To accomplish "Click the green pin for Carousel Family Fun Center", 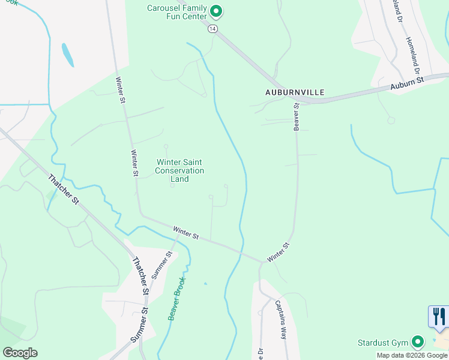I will coord(217,11).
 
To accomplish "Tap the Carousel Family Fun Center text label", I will coord(178,12).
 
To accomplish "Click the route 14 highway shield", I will coord(212,28).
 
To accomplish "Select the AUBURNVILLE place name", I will coord(295,92).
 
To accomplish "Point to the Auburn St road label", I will coord(407,83).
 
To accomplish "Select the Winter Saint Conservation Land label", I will coord(180,170).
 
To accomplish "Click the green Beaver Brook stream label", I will coord(177,298).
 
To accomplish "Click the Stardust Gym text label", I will coord(382,343).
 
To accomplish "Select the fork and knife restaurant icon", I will coord(439,316).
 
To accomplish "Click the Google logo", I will coord(20,353).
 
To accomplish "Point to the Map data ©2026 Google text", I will coord(412,355).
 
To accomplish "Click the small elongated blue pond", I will coord(68,55).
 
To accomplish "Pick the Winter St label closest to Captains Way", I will coord(279,252).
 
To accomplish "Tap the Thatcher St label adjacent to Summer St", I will coord(140,275).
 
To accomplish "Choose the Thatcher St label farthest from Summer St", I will coord(64,188).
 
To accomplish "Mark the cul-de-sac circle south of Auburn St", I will coord(391,121).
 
